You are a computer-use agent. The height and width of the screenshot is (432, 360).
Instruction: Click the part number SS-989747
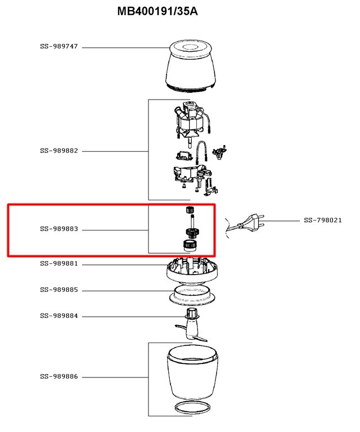coord(59,47)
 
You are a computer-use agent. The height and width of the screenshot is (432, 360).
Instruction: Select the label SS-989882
coord(59,151)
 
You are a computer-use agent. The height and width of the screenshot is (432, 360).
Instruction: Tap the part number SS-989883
coord(59,229)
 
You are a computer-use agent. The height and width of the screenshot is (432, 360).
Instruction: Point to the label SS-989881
coord(59,264)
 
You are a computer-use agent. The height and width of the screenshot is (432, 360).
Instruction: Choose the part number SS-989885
coord(59,290)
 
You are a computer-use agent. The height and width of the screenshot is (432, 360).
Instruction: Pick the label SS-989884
coord(59,316)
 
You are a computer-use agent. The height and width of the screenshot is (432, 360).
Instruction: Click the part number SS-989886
coord(59,376)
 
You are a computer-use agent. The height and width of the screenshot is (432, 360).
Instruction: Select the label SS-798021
coord(323,220)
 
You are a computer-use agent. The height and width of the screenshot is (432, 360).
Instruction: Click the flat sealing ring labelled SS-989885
coord(191,294)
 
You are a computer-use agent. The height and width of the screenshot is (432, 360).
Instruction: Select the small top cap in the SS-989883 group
coord(189,210)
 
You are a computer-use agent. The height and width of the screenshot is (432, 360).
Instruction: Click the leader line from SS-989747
coord(124,47)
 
